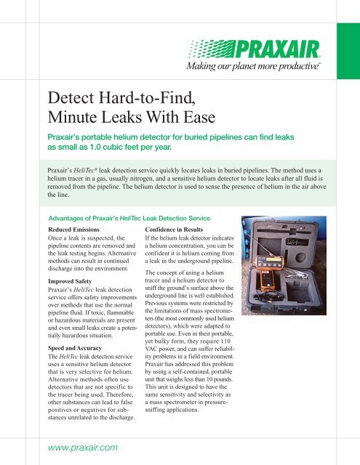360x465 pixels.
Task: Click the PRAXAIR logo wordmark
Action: click(278, 49)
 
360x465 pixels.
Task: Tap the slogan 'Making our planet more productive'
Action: click(253, 66)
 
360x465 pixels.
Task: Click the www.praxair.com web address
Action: click(83, 448)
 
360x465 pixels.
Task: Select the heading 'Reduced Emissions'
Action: click(74, 230)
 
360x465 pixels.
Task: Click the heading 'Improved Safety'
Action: click(70, 281)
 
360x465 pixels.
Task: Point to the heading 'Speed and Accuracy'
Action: click(75, 348)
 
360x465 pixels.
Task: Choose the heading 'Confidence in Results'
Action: click(174, 230)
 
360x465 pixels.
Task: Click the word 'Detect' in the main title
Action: click(71, 97)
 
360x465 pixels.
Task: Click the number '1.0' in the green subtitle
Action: click(96, 147)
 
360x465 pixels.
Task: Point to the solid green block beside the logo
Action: click(348, 51)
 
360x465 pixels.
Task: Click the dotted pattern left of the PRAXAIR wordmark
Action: click(212, 49)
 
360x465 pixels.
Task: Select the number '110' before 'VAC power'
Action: click(225, 341)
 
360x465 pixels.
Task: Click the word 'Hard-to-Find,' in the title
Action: click(147, 97)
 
